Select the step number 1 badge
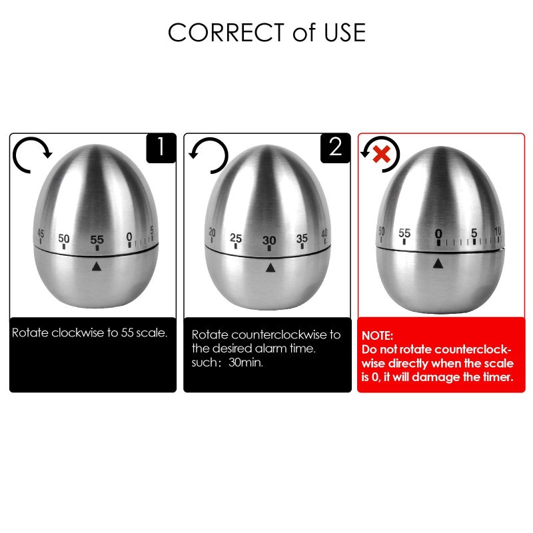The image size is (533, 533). pos(161,148)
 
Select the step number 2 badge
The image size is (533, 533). pos(335,148)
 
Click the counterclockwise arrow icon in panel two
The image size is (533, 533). pos(208,155)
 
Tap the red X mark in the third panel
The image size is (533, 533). pos(380,155)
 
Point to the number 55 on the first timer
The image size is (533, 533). pos(97,239)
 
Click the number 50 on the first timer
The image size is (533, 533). pos(64,238)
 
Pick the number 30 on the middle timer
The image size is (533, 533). pos(269,241)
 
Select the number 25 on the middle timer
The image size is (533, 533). pos(235,238)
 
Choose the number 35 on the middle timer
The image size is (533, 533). pos(302,238)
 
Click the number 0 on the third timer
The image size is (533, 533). pos(438,234)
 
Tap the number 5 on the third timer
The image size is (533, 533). pos(474,233)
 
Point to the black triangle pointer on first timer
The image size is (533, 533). pos(97,266)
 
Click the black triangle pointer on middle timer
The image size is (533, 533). pos(270,268)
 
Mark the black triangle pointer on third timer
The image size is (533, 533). pos(438,265)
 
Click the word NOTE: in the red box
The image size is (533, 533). pos(377,336)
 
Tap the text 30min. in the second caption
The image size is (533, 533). pos(247,363)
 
